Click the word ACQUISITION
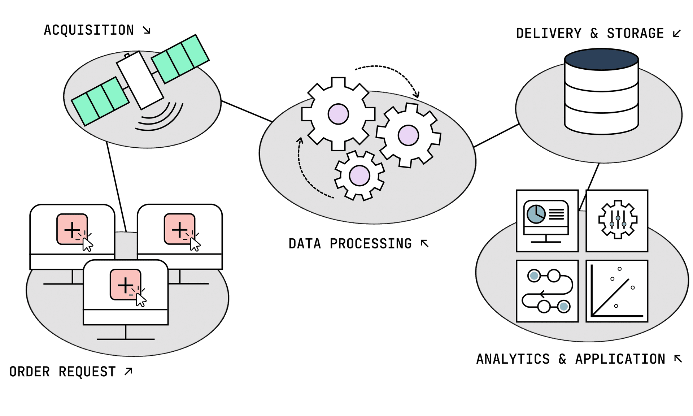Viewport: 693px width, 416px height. click(x=89, y=30)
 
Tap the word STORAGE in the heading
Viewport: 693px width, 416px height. click(x=635, y=34)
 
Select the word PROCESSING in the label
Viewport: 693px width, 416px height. click(x=371, y=244)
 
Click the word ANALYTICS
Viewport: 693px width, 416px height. click(x=513, y=359)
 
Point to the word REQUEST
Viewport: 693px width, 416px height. click(x=87, y=372)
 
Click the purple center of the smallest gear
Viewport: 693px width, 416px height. click(x=359, y=176)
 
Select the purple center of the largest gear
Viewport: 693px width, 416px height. click(x=338, y=114)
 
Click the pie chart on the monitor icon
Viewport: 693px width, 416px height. click(x=536, y=214)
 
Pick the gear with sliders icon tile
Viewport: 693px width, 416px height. click(x=617, y=220)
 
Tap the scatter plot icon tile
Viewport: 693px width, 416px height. click(x=617, y=291)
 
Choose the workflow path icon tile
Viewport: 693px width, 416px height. click(x=547, y=291)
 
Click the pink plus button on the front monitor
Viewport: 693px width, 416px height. click(x=125, y=285)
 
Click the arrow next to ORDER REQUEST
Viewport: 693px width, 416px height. click(x=128, y=371)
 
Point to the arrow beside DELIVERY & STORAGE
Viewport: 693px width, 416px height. click(x=677, y=34)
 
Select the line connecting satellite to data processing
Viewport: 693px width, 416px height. click(x=247, y=111)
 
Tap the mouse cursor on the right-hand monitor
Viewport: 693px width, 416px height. click(x=195, y=244)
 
